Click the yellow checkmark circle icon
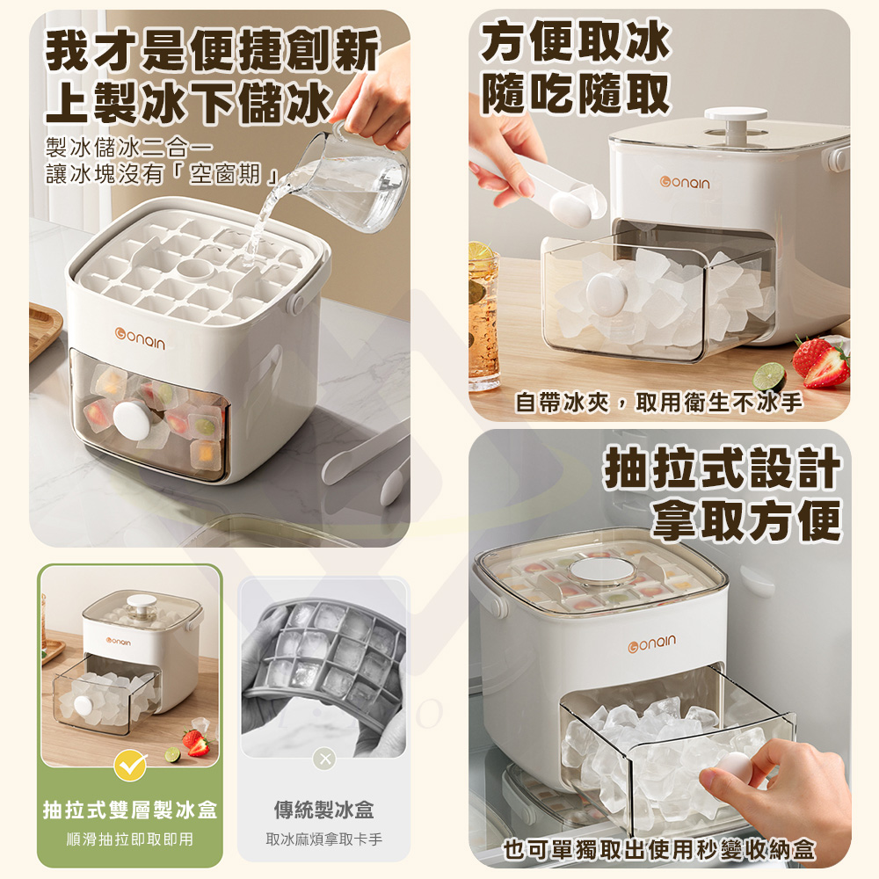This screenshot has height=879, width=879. [130, 766]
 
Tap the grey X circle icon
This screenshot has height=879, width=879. [324, 759]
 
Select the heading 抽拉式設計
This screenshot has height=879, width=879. [723, 470]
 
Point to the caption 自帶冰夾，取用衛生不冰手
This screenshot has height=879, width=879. [658, 403]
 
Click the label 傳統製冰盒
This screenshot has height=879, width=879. [323, 810]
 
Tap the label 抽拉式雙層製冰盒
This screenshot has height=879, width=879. [130, 810]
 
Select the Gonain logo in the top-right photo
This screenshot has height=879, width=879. [686, 182]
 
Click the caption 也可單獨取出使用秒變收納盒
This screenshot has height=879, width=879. [659, 849]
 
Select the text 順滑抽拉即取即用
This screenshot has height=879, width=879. [130, 839]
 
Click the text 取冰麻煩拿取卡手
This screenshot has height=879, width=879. [323, 839]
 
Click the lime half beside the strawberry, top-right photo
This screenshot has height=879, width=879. [771, 376]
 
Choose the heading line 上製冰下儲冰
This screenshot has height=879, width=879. [189, 101]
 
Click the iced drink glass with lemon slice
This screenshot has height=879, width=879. [483, 316]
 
